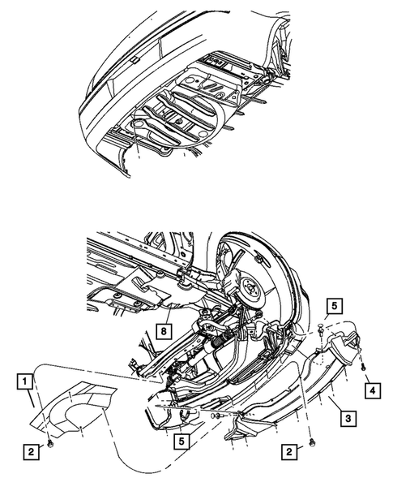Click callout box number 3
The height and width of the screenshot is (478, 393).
point(348,419)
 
